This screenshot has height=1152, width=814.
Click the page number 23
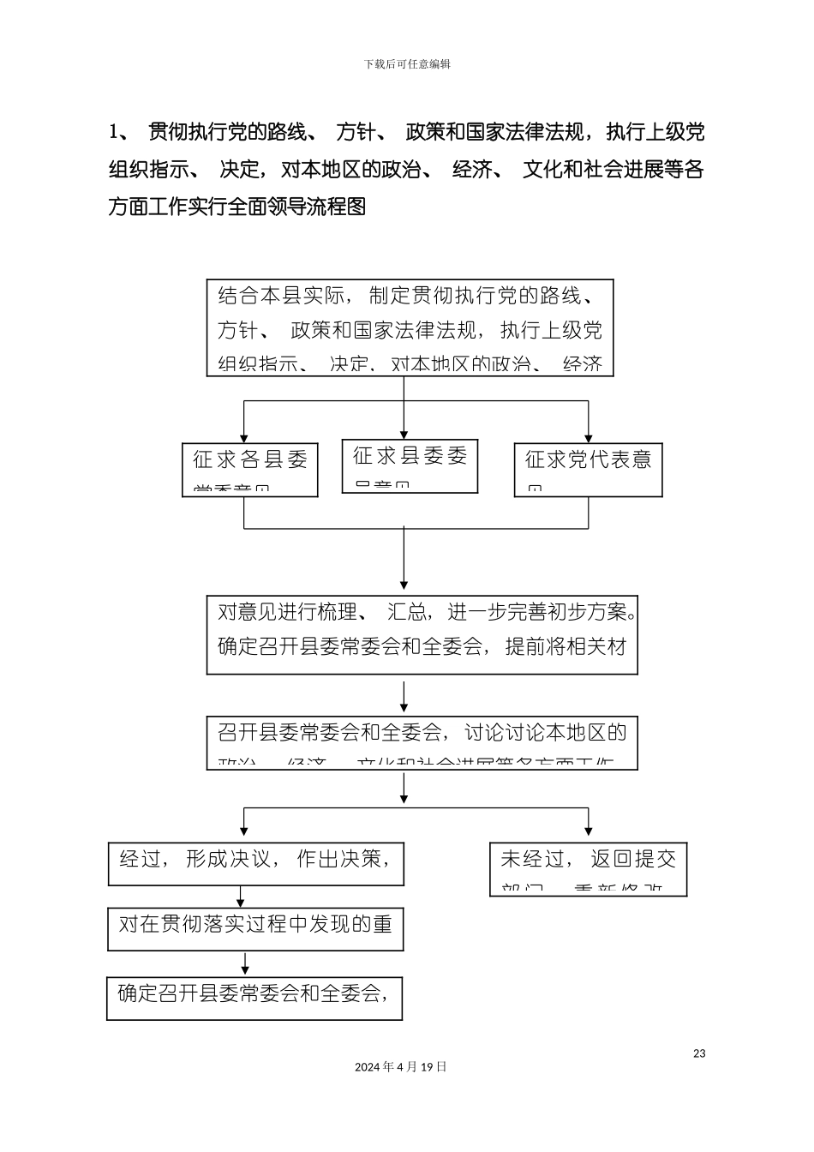699,1053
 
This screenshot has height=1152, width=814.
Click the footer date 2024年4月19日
401,1067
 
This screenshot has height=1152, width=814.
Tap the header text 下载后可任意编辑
407,64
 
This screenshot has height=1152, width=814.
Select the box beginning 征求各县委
250,470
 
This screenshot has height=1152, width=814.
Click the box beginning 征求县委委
410,466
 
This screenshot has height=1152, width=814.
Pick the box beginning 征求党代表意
588,470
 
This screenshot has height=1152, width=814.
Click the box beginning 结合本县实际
410,328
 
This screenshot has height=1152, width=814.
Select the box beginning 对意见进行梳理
422,635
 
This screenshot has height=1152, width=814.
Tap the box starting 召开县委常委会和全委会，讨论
422,742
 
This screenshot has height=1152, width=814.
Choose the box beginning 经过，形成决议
255,864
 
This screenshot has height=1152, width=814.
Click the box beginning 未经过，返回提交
588,869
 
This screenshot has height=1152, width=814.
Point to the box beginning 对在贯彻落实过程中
255,928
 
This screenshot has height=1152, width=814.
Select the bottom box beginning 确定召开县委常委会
254,998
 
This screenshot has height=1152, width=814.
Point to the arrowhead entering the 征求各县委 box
245,437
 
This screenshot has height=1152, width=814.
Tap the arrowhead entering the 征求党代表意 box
588,437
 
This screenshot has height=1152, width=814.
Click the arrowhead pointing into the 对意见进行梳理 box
404,586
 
